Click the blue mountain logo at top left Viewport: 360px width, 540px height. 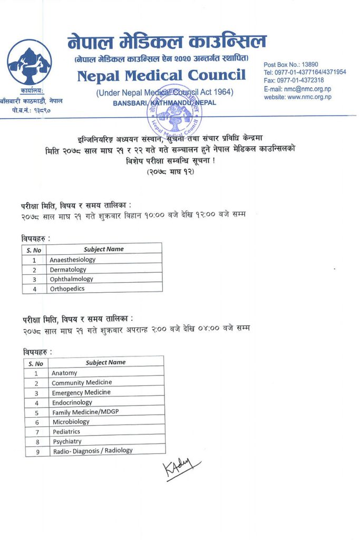coord(30,62)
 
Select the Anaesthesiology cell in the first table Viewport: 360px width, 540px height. coord(73,259)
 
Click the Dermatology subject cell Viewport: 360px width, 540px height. coord(68,269)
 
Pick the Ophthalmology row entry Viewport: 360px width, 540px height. coord(72,279)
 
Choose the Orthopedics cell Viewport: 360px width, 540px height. coord(67,288)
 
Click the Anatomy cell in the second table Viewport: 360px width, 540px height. coord(64,373)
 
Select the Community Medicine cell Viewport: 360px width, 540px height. coord(82,382)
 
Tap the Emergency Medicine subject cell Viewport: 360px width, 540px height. coord(81,392)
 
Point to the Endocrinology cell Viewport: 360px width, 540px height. coord(72,402)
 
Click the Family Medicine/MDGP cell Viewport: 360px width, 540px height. coord(85,412)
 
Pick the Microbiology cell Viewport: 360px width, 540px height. coord(71,422)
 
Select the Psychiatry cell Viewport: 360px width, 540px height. coord(67,441)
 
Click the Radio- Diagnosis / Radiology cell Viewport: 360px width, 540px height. coord(92,451)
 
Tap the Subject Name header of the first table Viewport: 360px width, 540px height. coord(104,249)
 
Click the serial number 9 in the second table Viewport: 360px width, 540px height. coord(37,451)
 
